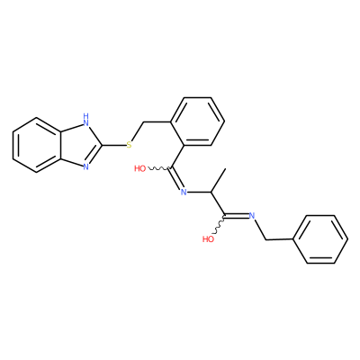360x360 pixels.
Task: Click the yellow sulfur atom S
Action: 130,145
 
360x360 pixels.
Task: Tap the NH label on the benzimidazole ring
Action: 86,120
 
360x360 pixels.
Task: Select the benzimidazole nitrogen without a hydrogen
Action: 86,166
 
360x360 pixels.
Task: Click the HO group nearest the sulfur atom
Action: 140,168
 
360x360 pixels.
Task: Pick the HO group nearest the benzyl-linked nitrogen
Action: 208,239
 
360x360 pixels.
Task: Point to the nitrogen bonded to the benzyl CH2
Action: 252,215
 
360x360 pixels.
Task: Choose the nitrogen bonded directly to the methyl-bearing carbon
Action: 184,192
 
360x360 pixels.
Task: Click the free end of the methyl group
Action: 225,169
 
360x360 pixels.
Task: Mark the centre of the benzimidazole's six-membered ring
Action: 37,145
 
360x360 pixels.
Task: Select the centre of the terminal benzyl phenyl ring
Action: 320,239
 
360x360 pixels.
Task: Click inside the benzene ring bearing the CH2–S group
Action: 197,121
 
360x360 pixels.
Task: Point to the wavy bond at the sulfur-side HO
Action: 158,168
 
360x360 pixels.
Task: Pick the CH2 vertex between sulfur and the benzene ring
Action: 143,121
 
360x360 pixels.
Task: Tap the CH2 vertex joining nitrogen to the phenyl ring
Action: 265,239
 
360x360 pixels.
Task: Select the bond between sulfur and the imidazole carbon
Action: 114,145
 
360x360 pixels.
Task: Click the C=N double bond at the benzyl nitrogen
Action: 237,215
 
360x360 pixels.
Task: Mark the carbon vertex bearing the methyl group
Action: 211,192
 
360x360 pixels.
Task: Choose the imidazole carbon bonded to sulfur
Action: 103,145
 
